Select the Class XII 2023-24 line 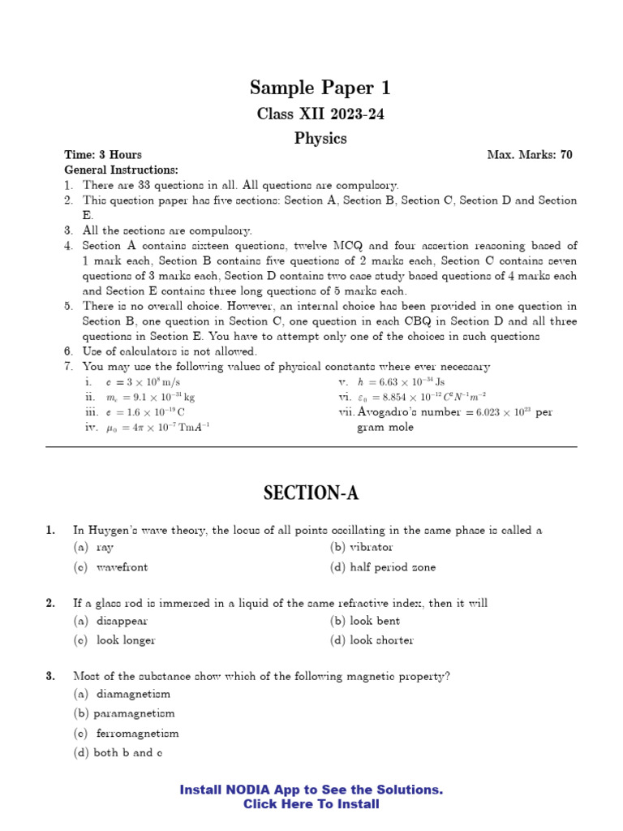point(320,114)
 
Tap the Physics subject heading point(320,139)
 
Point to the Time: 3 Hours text point(103,155)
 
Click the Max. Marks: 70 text point(529,155)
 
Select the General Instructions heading point(121,170)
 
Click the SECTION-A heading point(311,493)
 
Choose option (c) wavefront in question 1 point(110,567)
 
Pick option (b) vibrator point(361,548)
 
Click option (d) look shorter point(372,640)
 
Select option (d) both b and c point(118,753)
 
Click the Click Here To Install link point(311,804)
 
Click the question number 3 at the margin point(50,676)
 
